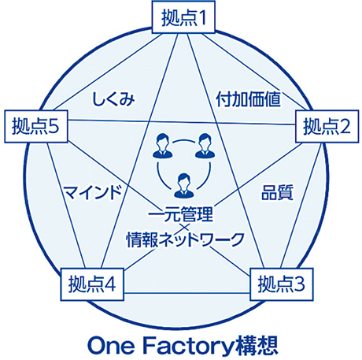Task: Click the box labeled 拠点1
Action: pos(183,17)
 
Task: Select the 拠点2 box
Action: pos(327,126)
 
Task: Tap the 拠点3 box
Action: pos(282,284)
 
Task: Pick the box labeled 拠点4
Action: pos(92,284)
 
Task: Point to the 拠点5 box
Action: pos(36,126)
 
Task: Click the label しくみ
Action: pos(113,99)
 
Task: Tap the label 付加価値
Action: pos(248,99)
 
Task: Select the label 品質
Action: pos(277,192)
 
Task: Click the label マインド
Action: pos(93,192)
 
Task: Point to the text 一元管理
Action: pos(180,214)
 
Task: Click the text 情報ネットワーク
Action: pos(185,239)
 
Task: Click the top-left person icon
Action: pos(161,146)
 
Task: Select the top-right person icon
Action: pos(205,146)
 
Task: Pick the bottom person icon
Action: pos(184,185)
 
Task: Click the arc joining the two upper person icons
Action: pos(183,140)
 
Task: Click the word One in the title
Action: pos(110,346)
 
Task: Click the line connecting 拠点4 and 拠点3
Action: pos(187,293)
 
